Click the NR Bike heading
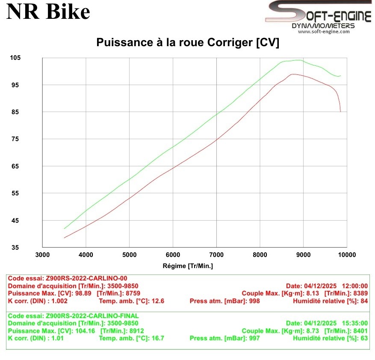(x=48, y=12)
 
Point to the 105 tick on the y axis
(x=15, y=58)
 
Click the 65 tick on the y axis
(x=15, y=167)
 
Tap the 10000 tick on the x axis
(x=346, y=255)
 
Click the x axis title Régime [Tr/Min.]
(x=188, y=266)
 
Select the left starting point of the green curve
(x=64, y=228)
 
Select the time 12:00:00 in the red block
(x=354, y=286)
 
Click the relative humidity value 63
(x=364, y=338)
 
